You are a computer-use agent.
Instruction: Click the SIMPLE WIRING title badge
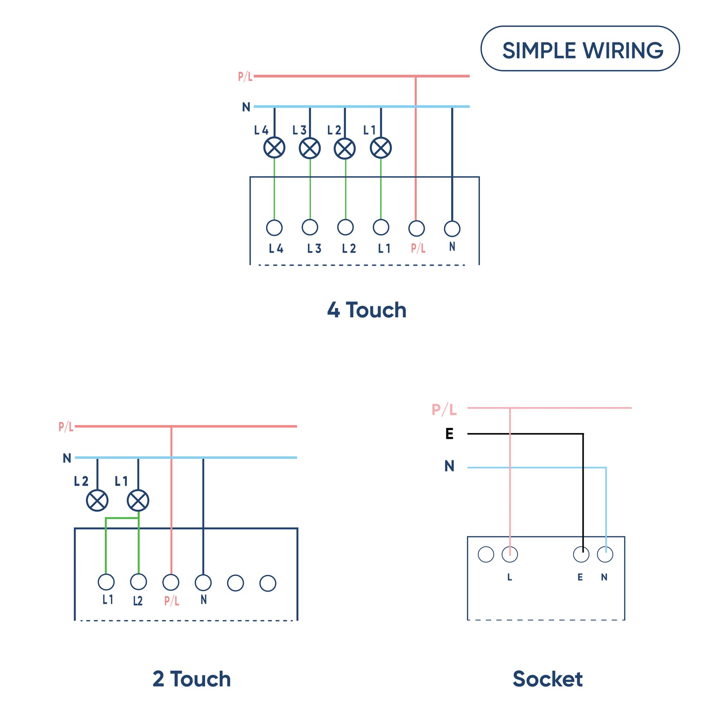click(580, 49)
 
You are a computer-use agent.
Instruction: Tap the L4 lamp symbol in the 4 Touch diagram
click(274, 148)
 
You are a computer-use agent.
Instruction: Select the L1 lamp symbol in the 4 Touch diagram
click(380, 148)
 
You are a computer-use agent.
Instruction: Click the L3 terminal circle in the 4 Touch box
click(310, 227)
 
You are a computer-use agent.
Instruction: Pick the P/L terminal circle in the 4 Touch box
click(416, 228)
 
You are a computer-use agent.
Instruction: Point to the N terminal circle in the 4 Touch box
click(452, 228)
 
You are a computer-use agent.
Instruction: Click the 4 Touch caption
click(366, 310)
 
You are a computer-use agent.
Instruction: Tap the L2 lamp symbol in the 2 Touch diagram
click(97, 500)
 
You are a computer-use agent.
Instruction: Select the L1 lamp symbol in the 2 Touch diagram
click(138, 500)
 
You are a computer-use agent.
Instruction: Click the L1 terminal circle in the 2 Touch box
click(106, 582)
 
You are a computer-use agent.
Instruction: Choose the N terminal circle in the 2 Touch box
click(203, 582)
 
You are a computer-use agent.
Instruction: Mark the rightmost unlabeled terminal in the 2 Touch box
click(268, 583)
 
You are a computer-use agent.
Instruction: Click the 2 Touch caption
click(191, 679)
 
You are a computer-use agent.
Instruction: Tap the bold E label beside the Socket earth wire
click(449, 433)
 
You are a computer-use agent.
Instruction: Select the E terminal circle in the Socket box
click(581, 554)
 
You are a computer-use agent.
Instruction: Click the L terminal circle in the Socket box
click(509, 554)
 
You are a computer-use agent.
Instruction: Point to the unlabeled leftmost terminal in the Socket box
click(486, 554)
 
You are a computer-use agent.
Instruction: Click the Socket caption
click(547, 679)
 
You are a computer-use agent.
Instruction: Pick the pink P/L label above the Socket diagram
click(444, 410)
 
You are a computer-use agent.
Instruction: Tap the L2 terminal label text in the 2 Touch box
click(138, 601)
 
